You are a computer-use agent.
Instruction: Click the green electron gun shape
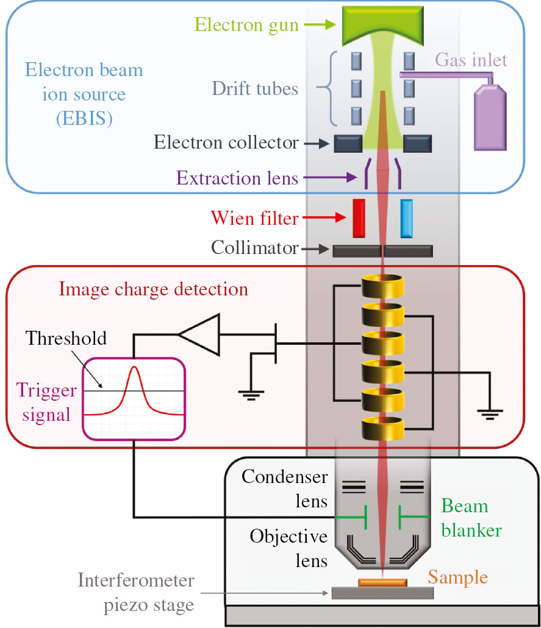coord(382,24)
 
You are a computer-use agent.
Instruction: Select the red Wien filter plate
coord(358,217)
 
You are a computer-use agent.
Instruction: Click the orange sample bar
coord(382,583)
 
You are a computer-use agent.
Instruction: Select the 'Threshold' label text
coord(66,338)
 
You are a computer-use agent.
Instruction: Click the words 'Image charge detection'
coord(154,288)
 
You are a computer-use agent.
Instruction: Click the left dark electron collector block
coord(348,144)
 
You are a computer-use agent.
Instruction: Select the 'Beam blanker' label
coord(471,518)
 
